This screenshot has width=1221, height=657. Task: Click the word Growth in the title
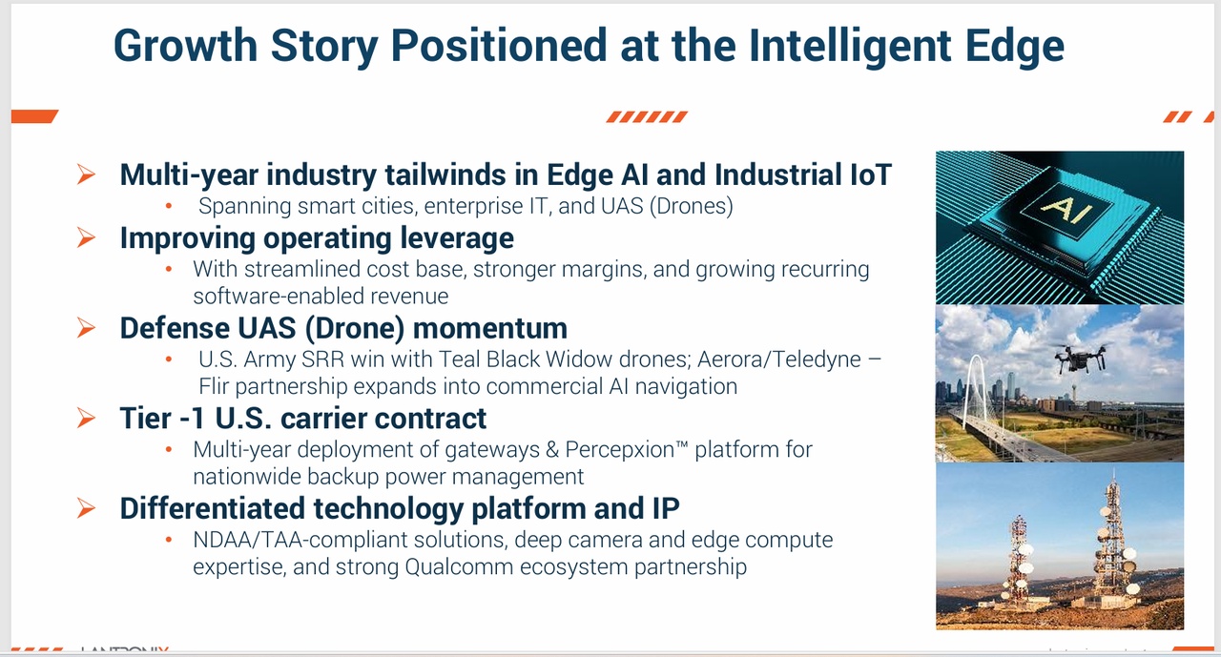pos(185,46)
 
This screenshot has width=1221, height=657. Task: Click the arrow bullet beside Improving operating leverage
pos(86,237)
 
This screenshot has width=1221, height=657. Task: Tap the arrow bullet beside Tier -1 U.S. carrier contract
pos(86,418)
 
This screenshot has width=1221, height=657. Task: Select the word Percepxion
pos(620,450)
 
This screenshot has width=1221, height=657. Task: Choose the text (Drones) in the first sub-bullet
pos(692,207)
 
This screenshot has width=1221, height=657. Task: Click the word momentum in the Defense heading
pos(490,328)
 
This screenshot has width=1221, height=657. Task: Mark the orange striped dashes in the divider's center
pos(647,116)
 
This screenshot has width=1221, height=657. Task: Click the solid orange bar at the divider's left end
pos(34,116)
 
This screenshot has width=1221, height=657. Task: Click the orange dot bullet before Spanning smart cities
pos(169,206)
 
